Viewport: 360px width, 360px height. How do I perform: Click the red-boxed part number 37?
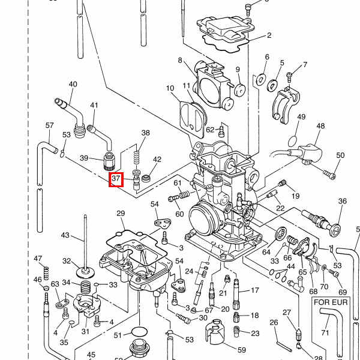pos(116,178)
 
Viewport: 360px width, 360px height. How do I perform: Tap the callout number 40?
pos(73,85)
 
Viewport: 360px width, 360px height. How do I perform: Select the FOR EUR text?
pos(329,303)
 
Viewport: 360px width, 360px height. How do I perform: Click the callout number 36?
pos(343,202)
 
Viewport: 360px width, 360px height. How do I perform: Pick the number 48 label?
pos(320,127)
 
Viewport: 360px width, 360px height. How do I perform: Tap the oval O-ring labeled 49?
pos(292,140)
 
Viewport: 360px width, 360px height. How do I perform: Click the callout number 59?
pos(242,349)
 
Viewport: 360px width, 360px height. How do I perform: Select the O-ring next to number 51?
pos(139,332)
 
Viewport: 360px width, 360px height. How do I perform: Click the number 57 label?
pos(50,125)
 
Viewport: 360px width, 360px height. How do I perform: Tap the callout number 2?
pos(269,35)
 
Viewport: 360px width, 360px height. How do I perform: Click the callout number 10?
pos(170,89)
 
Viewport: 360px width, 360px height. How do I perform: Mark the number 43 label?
pos(65,235)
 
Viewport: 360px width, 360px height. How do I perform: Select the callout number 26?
pos(274,323)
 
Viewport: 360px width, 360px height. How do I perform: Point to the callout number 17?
pos(254,290)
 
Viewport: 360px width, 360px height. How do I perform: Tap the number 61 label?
pos(178,183)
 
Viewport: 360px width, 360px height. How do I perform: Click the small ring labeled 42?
pos(146,178)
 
